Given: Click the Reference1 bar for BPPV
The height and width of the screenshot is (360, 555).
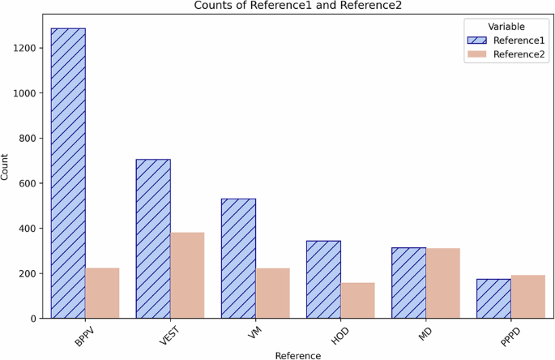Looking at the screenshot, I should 68,174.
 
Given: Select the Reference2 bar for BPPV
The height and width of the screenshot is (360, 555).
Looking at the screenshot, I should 102,293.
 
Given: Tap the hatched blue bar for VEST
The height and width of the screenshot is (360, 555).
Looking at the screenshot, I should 153,238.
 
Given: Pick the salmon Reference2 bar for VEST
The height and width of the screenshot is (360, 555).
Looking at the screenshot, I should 187,275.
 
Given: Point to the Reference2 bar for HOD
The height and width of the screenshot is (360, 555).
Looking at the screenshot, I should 357,300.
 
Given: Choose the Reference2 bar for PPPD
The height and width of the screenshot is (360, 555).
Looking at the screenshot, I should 527,297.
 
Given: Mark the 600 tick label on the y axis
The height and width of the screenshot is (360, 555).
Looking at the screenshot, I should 29,183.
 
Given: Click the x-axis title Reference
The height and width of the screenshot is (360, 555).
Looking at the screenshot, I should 297,354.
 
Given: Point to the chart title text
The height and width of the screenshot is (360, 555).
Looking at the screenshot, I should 297,6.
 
